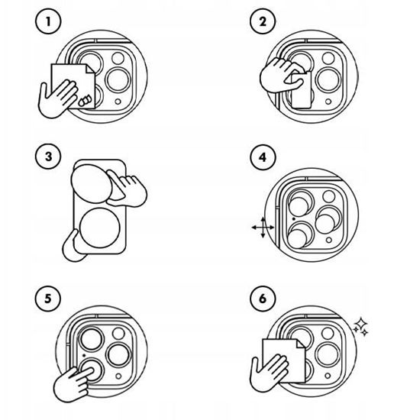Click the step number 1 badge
[48, 21]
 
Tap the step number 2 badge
[263, 21]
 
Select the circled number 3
[48, 157]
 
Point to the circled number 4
[263, 157]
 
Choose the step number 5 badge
[48, 299]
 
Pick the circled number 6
[263, 299]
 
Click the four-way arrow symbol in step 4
[263, 228]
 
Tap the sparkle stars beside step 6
[360, 327]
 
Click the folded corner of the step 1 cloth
[90, 69]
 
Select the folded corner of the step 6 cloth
[301, 344]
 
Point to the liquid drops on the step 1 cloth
[85, 100]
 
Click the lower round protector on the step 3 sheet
[99, 228]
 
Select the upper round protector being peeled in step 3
[91, 184]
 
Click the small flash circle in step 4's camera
[329, 241]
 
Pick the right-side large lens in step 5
[119, 354]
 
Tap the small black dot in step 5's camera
[84, 355]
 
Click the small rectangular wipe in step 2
[301, 90]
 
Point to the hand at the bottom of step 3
[73, 247]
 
